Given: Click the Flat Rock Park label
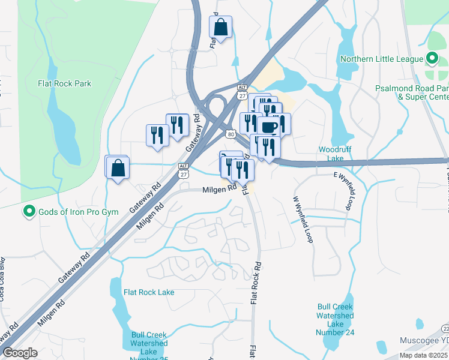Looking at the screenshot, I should [x=65, y=83].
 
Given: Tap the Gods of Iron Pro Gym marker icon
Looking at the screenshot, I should [x=28, y=212].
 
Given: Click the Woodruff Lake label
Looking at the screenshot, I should [x=331, y=154].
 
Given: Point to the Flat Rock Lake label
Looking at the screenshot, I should [x=149, y=292].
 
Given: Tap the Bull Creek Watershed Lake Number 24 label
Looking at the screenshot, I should [x=336, y=320].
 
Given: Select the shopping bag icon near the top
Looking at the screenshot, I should [x=220, y=27].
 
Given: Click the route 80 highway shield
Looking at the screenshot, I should [x=231, y=133].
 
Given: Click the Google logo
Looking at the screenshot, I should [x=20, y=353].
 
